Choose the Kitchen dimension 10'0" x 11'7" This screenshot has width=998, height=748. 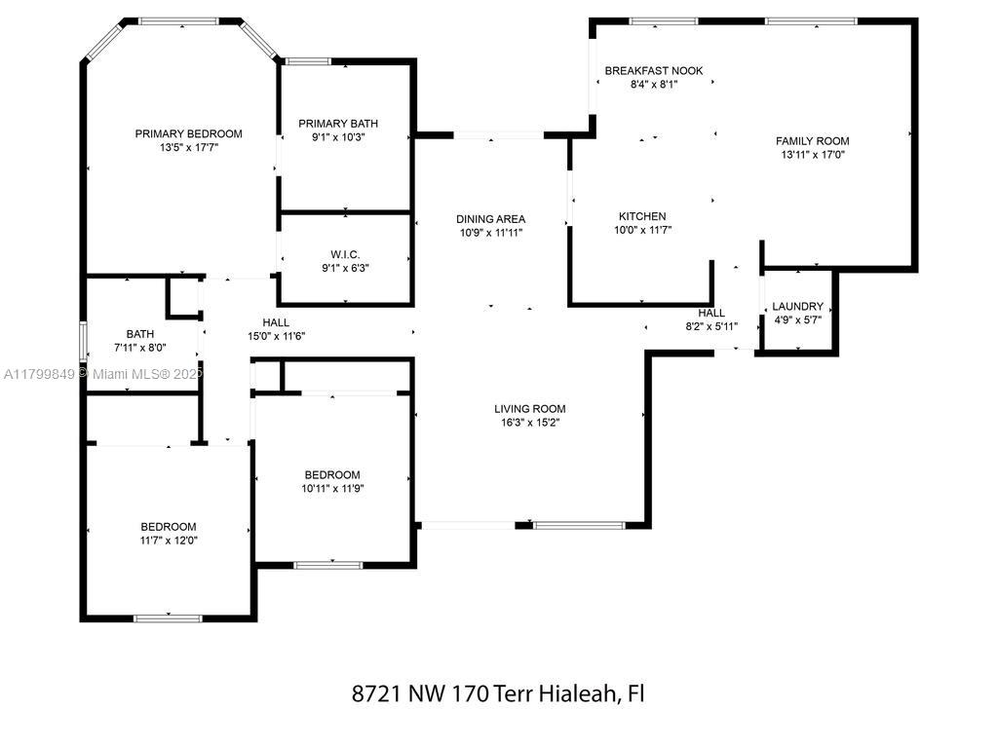pyautogui.click(x=642, y=230)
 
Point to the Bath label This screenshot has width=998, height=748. pyautogui.click(x=140, y=334)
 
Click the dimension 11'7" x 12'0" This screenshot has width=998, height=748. pyautogui.click(x=169, y=541)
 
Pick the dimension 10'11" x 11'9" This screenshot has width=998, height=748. pyautogui.click(x=332, y=489)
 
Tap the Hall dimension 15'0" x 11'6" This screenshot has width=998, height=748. pyautogui.click(x=276, y=336)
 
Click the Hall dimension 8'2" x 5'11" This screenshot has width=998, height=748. pyautogui.click(x=711, y=326)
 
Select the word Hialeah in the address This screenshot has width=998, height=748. pyautogui.click(x=579, y=692)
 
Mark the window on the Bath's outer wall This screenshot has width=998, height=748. pyautogui.click(x=83, y=342)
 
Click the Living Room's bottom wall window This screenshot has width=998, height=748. pyautogui.click(x=579, y=525)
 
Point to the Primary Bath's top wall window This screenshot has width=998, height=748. pyautogui.click(x=308, y=61)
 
